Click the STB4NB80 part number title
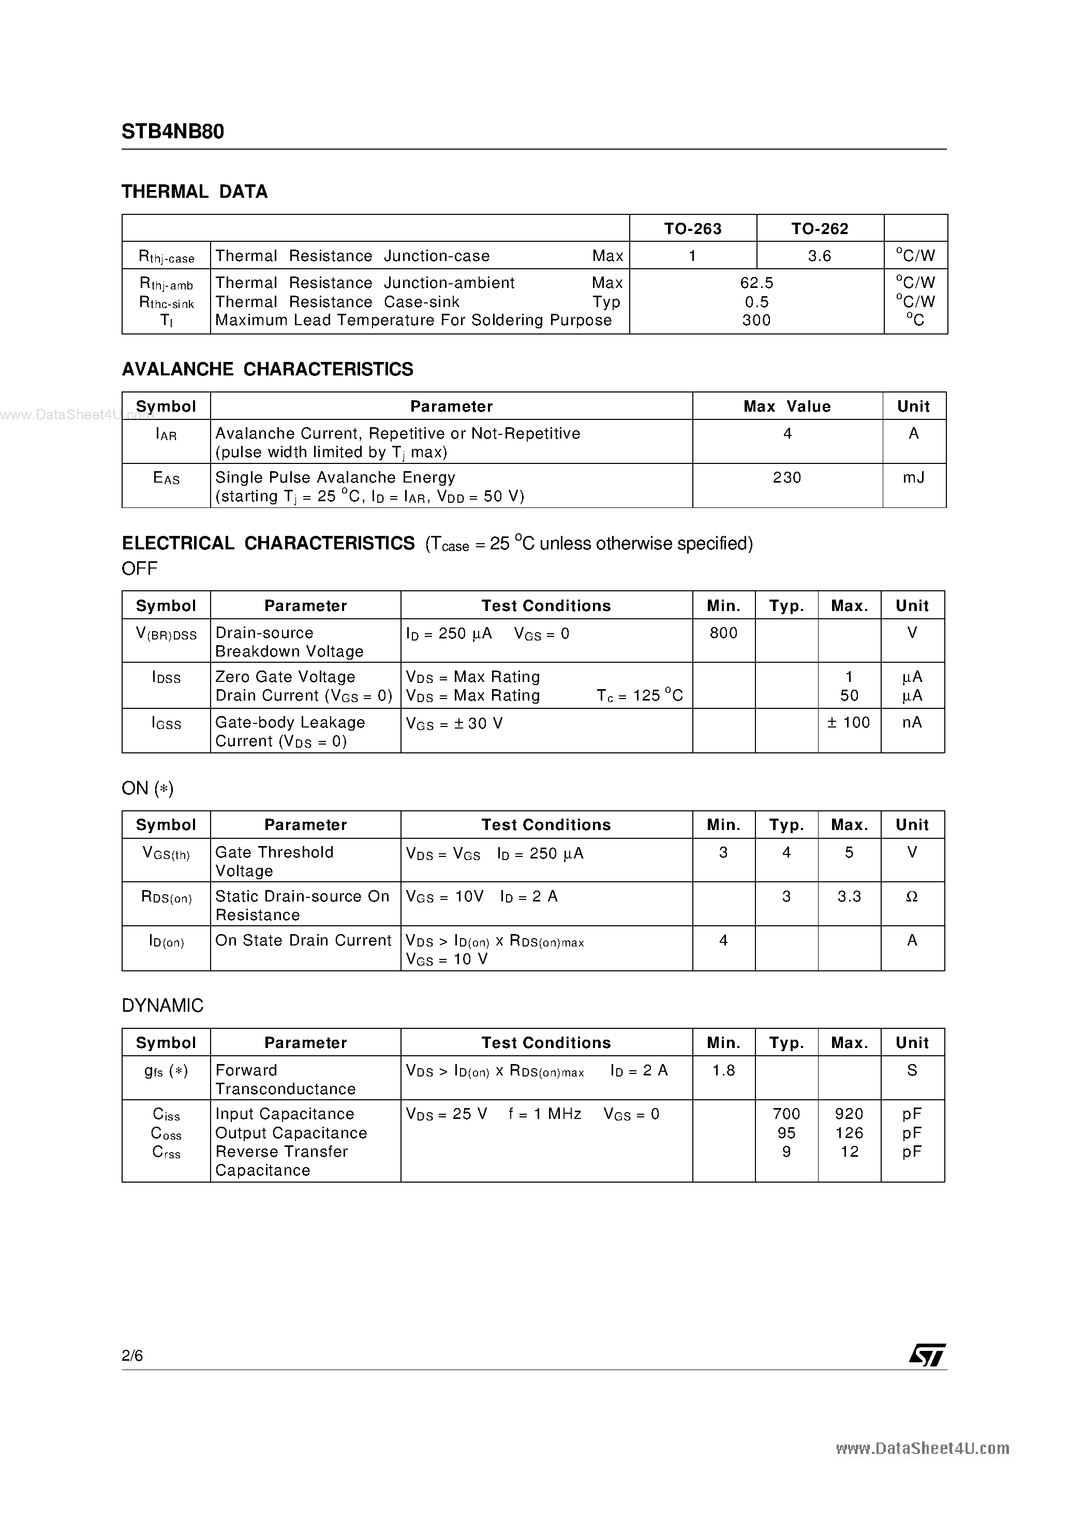point(173,132)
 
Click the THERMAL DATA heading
point(195,192)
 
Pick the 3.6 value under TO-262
point(819,256)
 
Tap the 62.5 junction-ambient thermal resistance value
point(756,283)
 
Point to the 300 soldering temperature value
point(756,321)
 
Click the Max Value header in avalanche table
point(786,407)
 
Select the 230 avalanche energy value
point(786,477)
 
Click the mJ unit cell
point(913,477)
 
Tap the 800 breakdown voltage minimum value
point(723,633)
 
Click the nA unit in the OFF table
point(912,723)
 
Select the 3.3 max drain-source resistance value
point(849,897)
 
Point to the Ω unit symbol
point(912,897)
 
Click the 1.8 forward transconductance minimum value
point(723,1071)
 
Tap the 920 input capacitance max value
point(849,1114)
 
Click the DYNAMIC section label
point(162,1006)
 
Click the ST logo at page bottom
point(927,1355)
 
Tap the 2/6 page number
point(132,1355)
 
